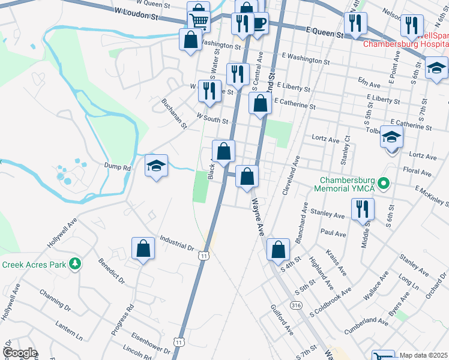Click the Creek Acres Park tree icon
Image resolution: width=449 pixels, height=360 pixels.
point(74,264)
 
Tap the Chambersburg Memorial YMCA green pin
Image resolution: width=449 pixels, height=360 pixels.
point(386,183)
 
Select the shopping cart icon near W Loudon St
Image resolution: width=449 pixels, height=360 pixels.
point(199,20)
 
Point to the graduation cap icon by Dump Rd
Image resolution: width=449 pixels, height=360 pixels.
point(156,166)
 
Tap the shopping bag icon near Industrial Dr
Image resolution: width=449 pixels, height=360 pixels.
point(143,249)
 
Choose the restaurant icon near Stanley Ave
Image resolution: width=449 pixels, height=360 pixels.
point(363,209)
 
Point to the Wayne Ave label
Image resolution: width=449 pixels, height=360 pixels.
point(258,217)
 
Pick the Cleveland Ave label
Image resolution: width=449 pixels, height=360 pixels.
point(291,175)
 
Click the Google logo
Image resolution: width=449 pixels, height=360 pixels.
point(20,353)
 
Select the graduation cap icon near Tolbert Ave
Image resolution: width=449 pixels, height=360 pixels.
point(391,139)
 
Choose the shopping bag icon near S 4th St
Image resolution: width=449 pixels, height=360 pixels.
point(279,250)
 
